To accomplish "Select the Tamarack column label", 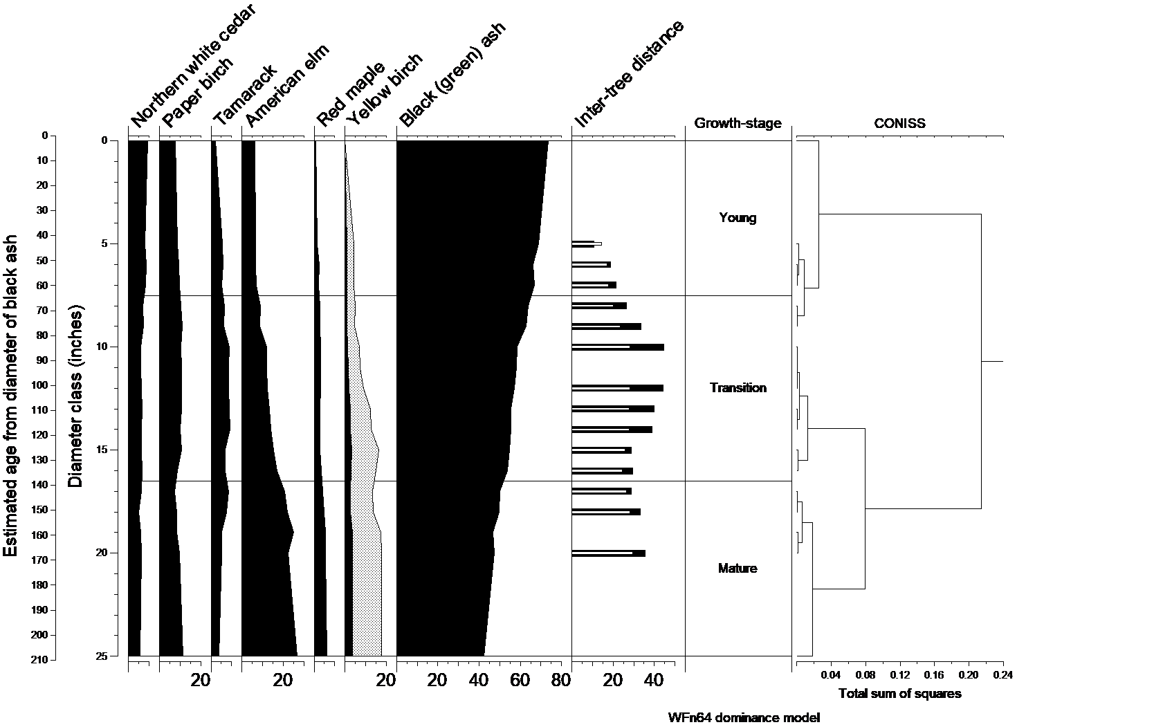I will [x=244, y=94].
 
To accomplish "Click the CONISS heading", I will [x=899, y=124].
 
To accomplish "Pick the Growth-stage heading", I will [x=738, y=124].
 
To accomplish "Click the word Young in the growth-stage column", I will [x=738, y=218].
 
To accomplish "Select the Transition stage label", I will [x=738, y=388].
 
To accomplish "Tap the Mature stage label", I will [x=738, y=569].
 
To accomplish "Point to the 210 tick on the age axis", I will [x=39, y=660].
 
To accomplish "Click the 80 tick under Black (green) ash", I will [x=561, y=681].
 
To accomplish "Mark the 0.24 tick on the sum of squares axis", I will [x=1002, y=674].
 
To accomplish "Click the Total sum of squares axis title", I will [x=899, y=694].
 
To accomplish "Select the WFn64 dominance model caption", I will [x=744, y=718].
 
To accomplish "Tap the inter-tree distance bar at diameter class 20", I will [x=608, y=553].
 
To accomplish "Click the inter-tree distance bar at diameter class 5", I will [x=586, y=243].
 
